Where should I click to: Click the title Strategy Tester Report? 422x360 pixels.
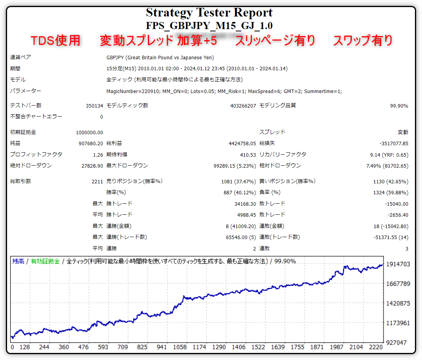(209, 13)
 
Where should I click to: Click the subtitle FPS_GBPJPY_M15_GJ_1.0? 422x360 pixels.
(209, 26)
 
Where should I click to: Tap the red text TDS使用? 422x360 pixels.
(56, 40)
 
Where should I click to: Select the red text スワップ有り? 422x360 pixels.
(362, 40)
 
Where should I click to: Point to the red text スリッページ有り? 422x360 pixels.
(275, 40)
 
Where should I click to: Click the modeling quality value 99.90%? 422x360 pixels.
(398, 106)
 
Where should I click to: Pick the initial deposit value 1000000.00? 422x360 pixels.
(90, 133)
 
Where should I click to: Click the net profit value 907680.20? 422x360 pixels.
(91, 144)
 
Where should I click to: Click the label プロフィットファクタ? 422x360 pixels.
(36, 155)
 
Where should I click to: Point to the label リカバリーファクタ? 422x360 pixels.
(283, 155)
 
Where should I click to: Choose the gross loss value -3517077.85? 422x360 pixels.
(394, 144)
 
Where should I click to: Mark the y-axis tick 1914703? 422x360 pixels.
(398, 264)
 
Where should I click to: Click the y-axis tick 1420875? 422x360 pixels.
(398, 303)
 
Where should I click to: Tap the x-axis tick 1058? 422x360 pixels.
(180, 347)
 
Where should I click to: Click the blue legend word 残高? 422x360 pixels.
(18, 261)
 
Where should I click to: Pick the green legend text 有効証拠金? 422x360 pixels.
(45, 261)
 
